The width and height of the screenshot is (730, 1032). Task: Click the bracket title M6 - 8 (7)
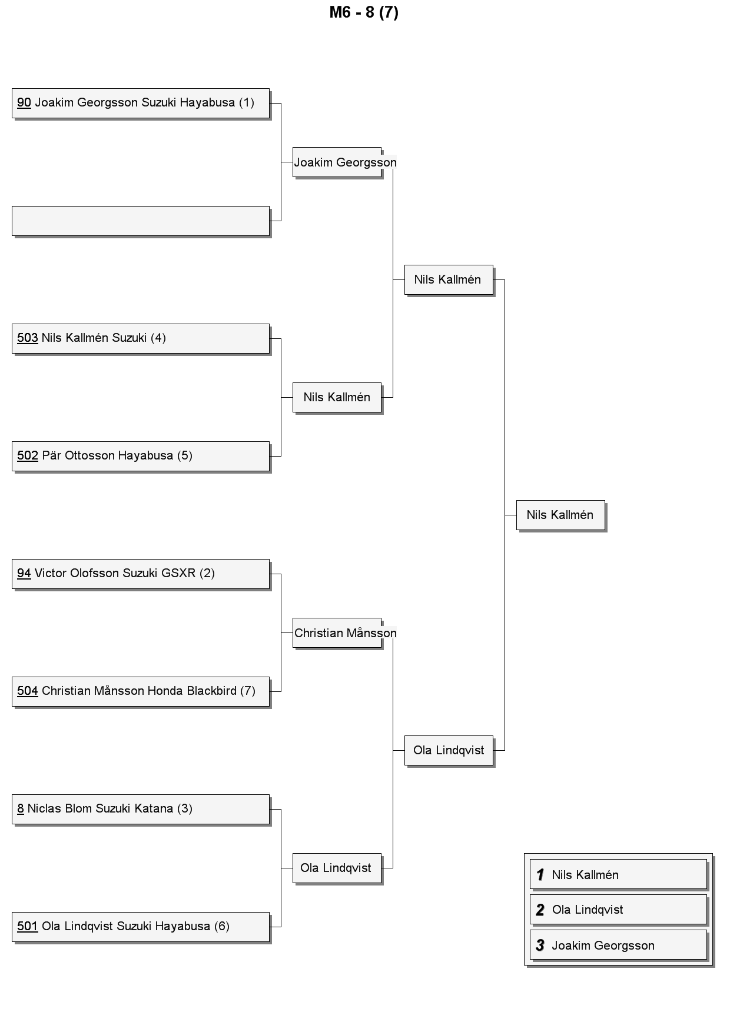364,12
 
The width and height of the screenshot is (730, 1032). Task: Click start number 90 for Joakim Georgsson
24,102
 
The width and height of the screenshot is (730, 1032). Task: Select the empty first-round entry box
141,221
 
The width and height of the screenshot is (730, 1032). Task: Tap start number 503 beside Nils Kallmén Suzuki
28,338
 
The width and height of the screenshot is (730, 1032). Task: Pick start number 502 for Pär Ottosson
28,455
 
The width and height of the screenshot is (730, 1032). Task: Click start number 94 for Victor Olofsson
24,573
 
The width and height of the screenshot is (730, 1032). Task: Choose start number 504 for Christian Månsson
28,691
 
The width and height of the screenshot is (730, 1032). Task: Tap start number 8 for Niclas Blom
21,808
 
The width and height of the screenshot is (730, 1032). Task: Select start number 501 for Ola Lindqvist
28,926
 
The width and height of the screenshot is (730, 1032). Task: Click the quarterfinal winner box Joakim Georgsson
337,162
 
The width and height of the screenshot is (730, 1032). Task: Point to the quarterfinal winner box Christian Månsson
337,632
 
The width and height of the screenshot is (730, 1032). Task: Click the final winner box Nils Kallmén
560,515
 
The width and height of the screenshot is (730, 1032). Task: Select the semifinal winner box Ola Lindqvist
449,750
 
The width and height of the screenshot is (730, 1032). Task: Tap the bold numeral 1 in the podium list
540,875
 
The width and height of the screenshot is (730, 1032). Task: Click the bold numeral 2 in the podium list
540,910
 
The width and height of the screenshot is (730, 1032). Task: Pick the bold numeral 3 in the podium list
540,946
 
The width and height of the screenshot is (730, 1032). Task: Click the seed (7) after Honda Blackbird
248,691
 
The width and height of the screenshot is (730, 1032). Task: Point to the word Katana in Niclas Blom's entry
154,808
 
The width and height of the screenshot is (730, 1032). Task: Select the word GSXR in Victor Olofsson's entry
178,573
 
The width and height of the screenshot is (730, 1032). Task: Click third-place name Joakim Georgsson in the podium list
603,946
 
